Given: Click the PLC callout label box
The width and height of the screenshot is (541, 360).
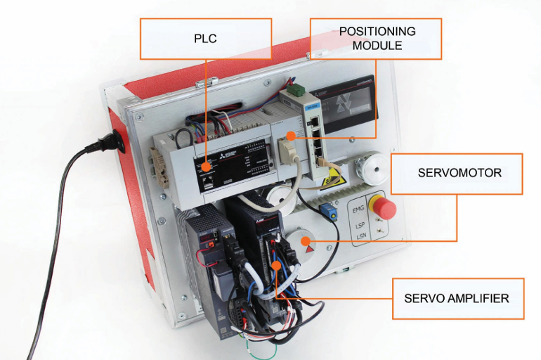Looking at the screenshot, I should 205,39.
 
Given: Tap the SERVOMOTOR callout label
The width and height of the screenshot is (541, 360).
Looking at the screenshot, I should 457,173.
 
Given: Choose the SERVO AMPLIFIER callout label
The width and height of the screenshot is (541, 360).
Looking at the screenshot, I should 457,298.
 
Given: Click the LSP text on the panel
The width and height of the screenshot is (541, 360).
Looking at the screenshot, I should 361,225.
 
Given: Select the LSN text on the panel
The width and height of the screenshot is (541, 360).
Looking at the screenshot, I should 361,239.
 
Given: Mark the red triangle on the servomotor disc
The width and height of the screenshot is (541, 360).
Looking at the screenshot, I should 310,249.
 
